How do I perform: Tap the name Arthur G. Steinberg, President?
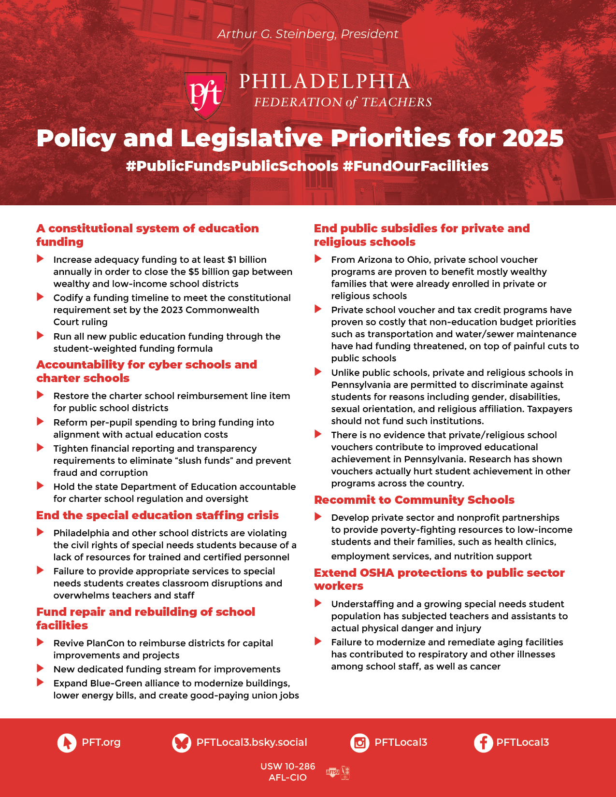(x=308, y=34)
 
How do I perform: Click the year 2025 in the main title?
(x=533, y=138)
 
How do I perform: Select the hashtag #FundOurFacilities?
(x=415, y=166)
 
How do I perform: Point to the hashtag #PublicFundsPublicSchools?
(x=232, y=166)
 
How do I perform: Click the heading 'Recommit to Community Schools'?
(x=414, y=500)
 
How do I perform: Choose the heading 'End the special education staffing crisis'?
(x=158, y=515)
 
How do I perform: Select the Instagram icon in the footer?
(x=359, y=742)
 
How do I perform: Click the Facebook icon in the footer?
(x=483, y=742)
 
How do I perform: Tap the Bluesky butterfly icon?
(x=182, y=742)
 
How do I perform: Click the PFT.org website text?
(x=101, y=742)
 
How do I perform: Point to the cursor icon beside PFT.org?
(x=67, y=742)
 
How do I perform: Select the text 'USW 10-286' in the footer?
(x=287, y=767)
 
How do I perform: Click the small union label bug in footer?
(x=338, y=772)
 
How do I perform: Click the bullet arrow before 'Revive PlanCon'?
(x=41, y=642)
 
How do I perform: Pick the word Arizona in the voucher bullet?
(x=373, y=260)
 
